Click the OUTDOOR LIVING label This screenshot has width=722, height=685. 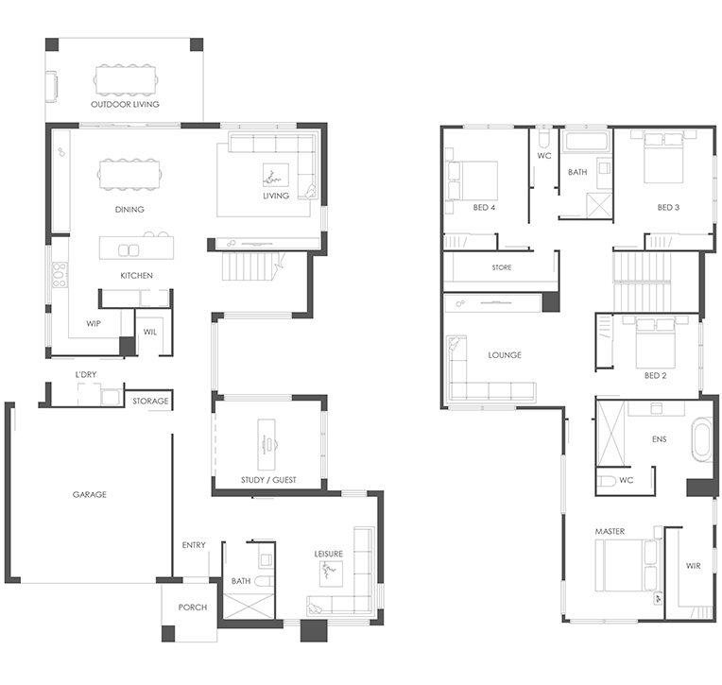click(125, 104)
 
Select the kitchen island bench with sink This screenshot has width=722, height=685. click(136, 248)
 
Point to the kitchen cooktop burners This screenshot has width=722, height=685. click(60, 275)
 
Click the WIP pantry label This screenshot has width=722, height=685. click(94, 323)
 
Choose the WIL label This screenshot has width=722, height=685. click(150, 332)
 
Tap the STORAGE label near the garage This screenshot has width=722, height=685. click(150, 401)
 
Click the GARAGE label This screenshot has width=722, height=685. click(90, 494)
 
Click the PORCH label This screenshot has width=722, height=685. click(193, 608)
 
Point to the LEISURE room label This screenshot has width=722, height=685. click(328, 554)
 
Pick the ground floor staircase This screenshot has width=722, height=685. click(250, 266)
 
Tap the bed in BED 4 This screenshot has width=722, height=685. click(473, 180)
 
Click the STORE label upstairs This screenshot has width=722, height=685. click(502, 267)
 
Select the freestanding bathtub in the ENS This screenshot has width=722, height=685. click(702, 438)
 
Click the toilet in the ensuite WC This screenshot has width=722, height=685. click(607, 481)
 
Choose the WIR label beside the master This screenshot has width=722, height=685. click(693, 565)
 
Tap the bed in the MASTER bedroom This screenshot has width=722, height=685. click(627, 565)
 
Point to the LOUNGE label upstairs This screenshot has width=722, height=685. click(505, 355)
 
